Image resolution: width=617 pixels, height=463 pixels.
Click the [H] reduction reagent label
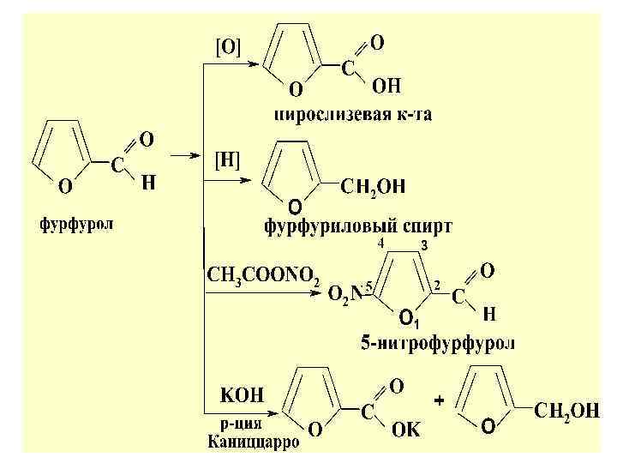click(227, 160)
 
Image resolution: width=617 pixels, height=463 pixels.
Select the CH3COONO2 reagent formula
click(264, 277)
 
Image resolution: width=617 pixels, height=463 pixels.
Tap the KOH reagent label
click(243, 395)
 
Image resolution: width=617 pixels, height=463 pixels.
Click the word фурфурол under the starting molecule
click(77, 226)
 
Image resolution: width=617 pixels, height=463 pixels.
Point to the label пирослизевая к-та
click(353, 113)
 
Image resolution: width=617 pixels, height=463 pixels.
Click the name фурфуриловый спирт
click(358, 227)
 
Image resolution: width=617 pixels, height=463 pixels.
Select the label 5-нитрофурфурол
click(437, 345)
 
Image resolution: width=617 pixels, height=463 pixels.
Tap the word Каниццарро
click(254, 443)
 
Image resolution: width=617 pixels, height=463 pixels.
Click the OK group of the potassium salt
click(406, 430)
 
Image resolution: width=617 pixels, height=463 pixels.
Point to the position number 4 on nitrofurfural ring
click(380, 244)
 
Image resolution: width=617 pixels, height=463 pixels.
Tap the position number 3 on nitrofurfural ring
click(423, 246)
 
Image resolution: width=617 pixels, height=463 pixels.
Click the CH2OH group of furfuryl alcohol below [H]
click(374, 187)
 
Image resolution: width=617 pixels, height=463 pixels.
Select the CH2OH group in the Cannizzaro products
click(566, 412)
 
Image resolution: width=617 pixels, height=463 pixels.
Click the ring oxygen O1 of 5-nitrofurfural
click(408, 320)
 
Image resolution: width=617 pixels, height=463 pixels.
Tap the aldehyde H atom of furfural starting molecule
click(147, 182)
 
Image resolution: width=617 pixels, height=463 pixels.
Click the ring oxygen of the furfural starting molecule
click(64, 184)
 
